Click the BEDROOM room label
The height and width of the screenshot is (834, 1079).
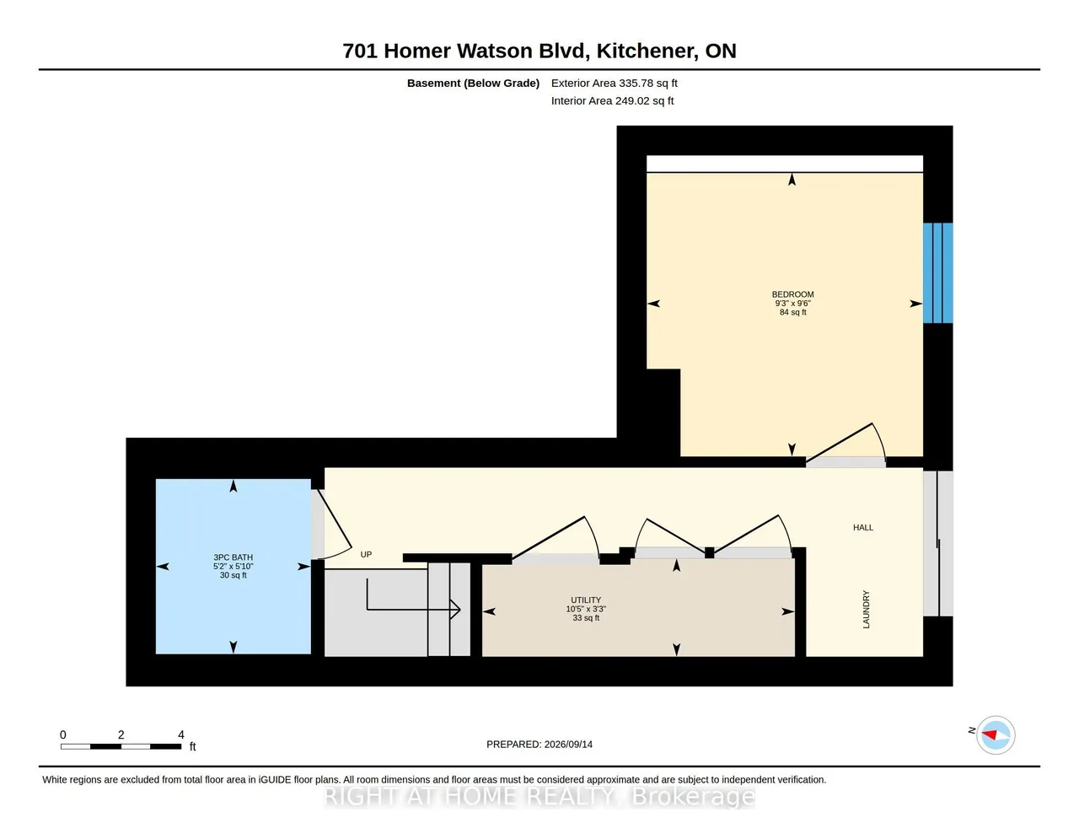pos(792,294)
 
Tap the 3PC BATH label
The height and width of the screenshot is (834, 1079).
pos(233,557)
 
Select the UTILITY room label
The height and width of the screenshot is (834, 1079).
pos(586,600)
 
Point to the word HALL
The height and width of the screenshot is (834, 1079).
pos(863,528)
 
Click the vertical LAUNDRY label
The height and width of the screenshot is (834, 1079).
pos(867,610)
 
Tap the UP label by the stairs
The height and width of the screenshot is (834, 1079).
pos(366,554)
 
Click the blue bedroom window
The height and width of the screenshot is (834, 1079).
pos(937,273)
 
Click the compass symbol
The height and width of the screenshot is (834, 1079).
pos(995,735)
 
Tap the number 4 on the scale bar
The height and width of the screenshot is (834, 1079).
pos(181,734)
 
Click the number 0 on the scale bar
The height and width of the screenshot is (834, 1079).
pos(63,734)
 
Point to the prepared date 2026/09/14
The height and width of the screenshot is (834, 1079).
pos(568,744)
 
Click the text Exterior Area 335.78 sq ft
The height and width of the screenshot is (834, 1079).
pos(615,83)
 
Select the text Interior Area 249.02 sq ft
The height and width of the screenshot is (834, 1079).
pos(612,101)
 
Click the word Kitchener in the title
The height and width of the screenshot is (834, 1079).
pos(646,51)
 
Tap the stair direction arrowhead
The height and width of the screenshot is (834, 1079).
pos(455,609)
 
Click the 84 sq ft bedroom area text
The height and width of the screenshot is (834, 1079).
pos(792,313)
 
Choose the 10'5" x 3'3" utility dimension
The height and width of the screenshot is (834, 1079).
pos(586,609)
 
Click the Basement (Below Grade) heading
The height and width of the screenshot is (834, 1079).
pos(473,83)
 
